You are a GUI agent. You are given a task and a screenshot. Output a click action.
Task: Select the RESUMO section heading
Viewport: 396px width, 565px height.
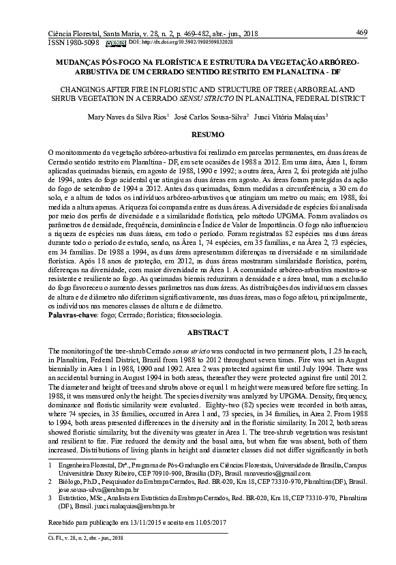[203, 136]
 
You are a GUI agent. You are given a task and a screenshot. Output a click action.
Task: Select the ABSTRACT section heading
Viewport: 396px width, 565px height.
[203, 332]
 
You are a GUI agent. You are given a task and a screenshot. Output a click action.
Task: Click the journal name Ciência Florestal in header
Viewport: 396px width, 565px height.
[75, 32]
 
